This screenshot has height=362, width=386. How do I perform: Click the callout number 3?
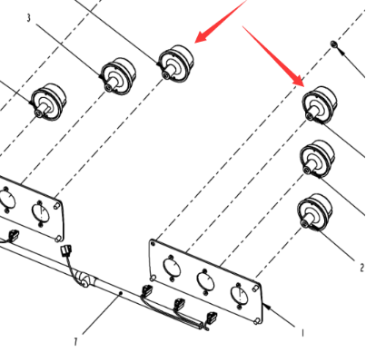coord(28,18)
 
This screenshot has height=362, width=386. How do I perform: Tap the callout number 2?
coord(362,268)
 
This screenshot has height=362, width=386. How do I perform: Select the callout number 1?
coord(302,333)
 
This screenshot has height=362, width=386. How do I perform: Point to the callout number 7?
coord(75,342)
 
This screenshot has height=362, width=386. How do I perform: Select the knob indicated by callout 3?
coord(118,76)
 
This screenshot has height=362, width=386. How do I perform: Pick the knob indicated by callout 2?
coord(315,212)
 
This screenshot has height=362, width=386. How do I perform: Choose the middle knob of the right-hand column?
coord(318,159)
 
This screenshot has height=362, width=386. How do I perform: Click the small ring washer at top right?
coord(334,44)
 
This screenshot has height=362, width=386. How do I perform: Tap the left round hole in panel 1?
coord(172,267)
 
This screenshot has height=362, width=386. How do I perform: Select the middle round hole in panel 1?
coord(206,280)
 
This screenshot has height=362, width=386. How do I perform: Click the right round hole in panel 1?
coord(240,294)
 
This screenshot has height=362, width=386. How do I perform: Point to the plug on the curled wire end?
coord(66,250)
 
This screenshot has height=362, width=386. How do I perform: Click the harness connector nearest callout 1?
coord(212,318)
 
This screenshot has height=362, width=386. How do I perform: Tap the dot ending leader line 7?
coord(121,293)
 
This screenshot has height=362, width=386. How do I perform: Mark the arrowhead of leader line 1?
coord(267,306)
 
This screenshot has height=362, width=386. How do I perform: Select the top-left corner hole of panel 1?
coord(153,243)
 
